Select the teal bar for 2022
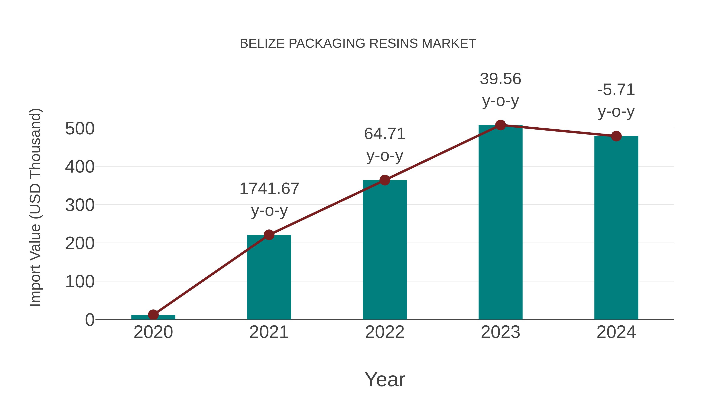[385, 250]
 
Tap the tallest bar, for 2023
[500, 222]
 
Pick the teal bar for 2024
[616, 228]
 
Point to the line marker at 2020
[153, 315]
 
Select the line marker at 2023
[500, 125]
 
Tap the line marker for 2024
[616, 136]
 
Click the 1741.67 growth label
[269, 189]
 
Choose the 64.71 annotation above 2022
[385, 134]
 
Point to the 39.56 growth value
[500, 79]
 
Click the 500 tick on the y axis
[80, 129]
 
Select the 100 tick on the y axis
[80, 282]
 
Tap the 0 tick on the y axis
[89, 320]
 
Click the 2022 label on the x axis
[385, 332]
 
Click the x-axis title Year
[385, 380]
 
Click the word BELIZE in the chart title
[262, 44]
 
